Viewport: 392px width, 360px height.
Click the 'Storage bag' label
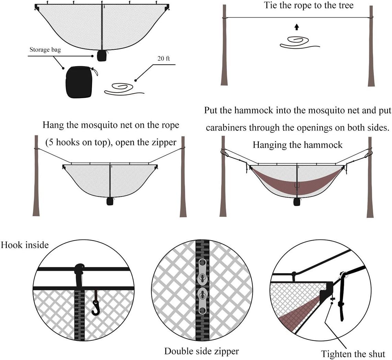pos(46,50)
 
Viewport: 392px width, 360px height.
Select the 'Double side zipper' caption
pos(201,351)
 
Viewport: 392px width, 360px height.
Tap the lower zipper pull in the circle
pos(202,301)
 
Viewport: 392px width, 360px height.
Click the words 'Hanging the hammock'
pos(297,145)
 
